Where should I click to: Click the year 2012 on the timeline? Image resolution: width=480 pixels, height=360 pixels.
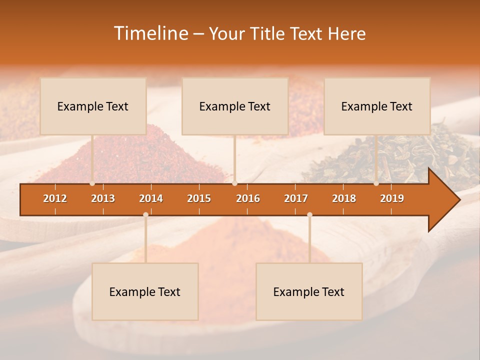(55, 198)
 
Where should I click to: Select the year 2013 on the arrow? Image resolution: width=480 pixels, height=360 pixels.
(103, 198)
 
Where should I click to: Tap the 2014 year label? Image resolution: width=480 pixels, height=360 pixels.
(151, 198)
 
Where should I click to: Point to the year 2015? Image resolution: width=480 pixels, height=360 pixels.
(199, 198)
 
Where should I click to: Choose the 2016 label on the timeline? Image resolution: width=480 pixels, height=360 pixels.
(248, 198)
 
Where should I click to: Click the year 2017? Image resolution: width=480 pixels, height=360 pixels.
(296, 198)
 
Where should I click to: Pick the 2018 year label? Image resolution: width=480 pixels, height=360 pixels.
(344, 198)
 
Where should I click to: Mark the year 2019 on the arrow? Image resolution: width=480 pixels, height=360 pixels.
(392, 198)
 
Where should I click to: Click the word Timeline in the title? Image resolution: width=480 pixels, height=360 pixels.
(150, 33)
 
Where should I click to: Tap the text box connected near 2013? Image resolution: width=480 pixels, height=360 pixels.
(93, 106)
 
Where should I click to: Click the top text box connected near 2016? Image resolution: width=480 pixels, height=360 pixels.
(235, 106)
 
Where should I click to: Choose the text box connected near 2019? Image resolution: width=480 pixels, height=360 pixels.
(377, 106)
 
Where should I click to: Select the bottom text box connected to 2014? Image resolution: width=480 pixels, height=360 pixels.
(145, 291)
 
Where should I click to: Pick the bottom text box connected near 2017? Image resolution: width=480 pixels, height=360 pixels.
(309, 291)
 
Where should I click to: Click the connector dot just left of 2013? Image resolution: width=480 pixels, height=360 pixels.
(92, 183)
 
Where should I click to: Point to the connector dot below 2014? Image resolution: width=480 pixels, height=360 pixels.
(145, 215)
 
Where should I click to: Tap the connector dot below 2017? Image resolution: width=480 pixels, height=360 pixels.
(309, 215)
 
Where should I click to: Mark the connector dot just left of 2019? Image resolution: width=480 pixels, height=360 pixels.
(376, 183)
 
